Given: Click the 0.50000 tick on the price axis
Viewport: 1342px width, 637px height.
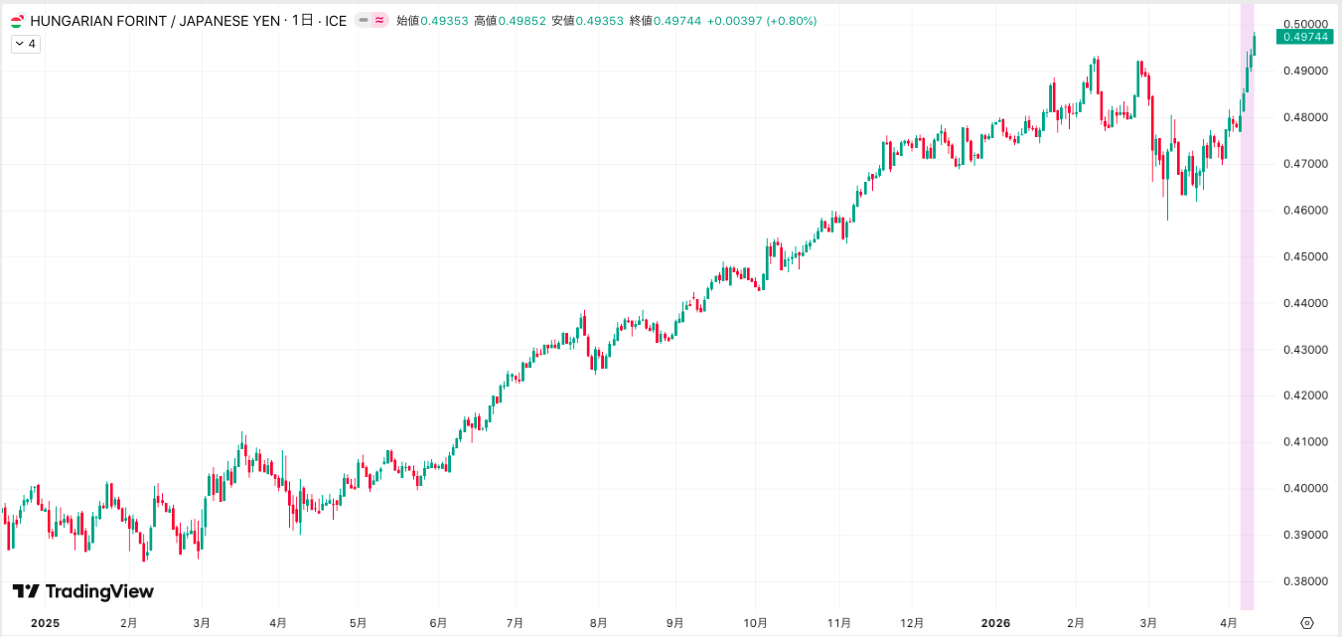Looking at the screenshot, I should click(x=1303, y=24).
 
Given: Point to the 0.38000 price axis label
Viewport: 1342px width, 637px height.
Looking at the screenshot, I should click(x=1303, y=581).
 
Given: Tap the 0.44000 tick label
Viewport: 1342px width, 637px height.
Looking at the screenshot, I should click(x=1303, y=303).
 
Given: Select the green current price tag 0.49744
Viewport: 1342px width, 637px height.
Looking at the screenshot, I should click(x=1304, y=37).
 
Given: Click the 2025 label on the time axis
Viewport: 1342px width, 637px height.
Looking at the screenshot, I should click(x=46, y=623).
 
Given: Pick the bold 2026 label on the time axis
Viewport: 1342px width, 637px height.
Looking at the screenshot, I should click(x=995, y=623).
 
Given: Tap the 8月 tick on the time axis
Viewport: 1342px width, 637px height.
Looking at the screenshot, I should click(x=598, y=623).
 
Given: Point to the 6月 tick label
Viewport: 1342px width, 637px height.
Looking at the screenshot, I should click(x=438, y=623).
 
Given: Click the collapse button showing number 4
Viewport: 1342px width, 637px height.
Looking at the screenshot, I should click(x=26, y=44).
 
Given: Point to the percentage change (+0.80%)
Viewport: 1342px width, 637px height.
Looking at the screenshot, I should click(x=791, y=20).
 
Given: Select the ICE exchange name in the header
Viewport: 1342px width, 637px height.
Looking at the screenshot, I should click(x=336, y=20).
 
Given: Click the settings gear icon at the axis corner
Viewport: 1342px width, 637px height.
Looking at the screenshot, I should click(x=1306, y=623).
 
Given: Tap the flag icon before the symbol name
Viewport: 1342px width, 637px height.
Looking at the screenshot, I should click(x=18, y=20).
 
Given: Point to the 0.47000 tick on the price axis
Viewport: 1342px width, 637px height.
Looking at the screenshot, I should click(x=1303, y=164).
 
